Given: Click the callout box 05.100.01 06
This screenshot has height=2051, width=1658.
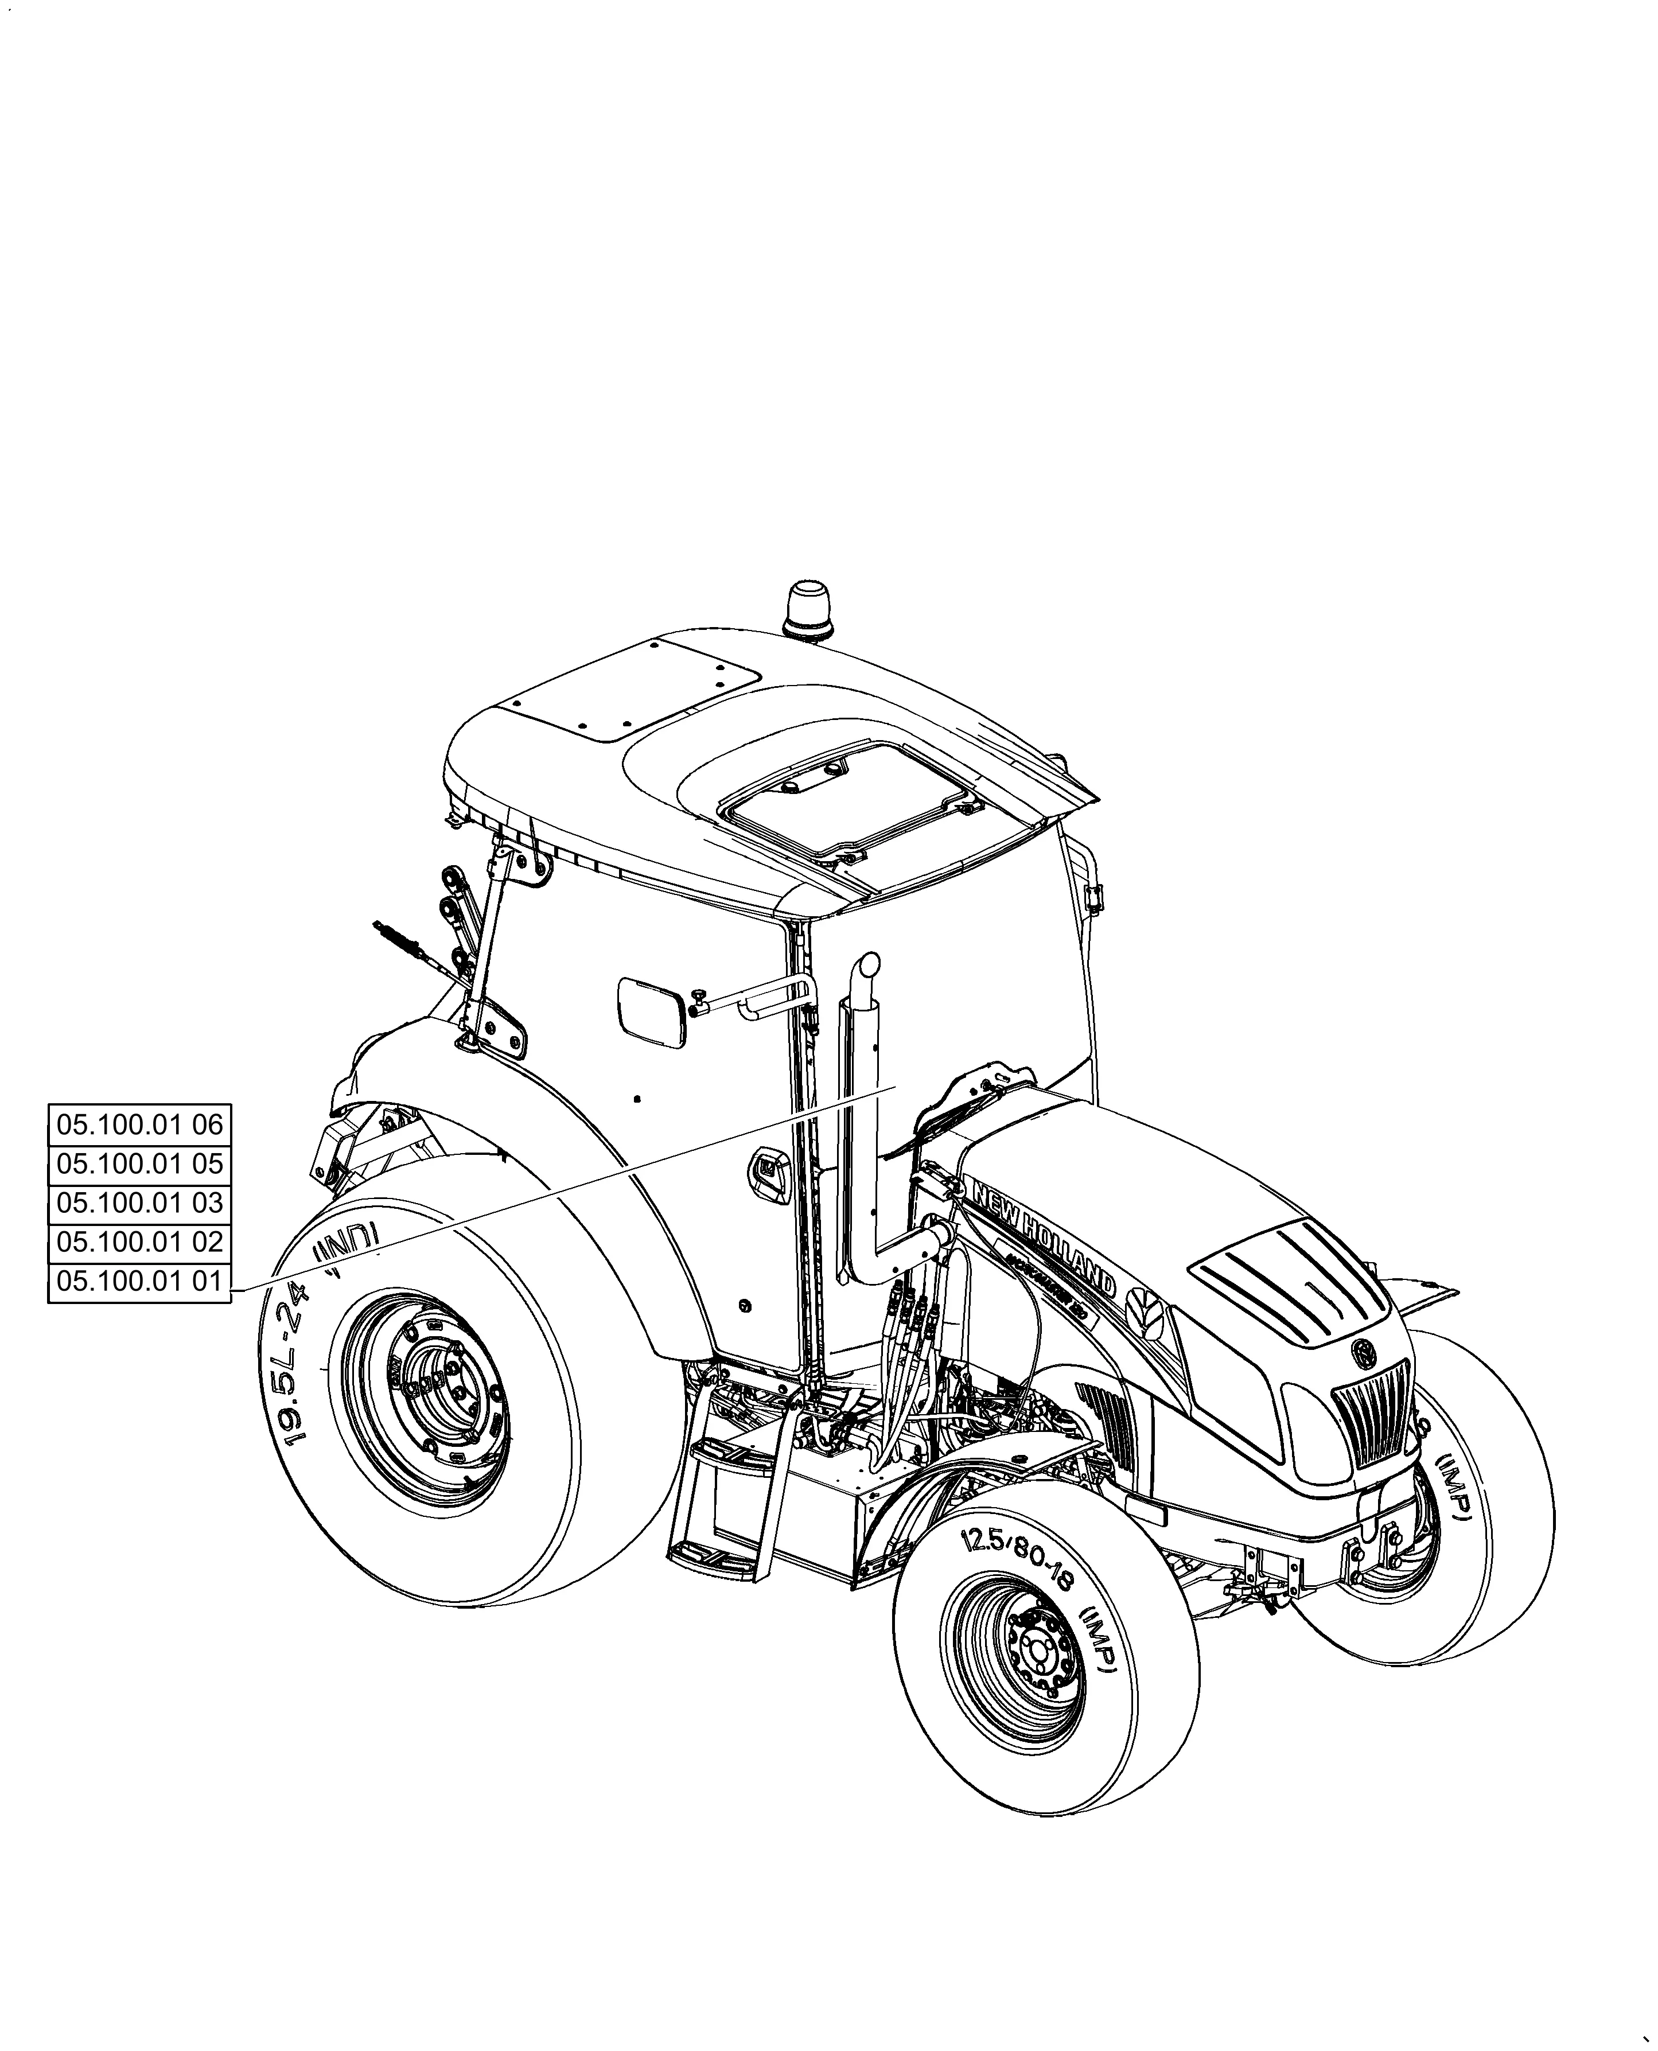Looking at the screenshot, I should click(139, 1125).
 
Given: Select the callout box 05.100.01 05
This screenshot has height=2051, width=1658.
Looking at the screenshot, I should click(139, 1164).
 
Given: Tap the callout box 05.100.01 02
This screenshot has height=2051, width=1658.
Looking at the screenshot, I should click(139, 1242).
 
